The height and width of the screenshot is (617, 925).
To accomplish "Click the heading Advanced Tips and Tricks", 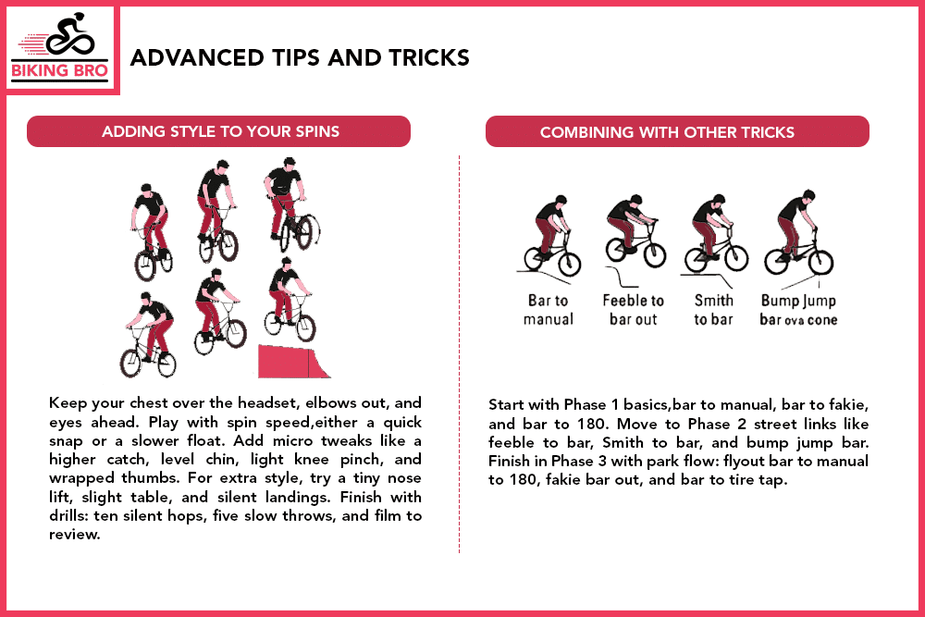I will (300, 58).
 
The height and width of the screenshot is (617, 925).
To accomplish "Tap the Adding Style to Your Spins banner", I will (219, 131).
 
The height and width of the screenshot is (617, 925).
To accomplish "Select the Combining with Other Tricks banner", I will (667, 132).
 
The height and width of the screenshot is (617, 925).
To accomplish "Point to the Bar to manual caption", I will (549, 310).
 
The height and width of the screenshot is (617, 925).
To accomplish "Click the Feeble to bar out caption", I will (633, 310).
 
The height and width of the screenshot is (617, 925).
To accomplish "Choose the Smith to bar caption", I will (713, 310).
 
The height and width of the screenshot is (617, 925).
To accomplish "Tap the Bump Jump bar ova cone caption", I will (798, 310).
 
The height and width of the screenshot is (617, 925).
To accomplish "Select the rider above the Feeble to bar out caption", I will (633, 230).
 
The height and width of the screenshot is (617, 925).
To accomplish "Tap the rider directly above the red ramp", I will (289, 301).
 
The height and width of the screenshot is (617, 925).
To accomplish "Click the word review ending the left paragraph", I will (73, 534).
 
